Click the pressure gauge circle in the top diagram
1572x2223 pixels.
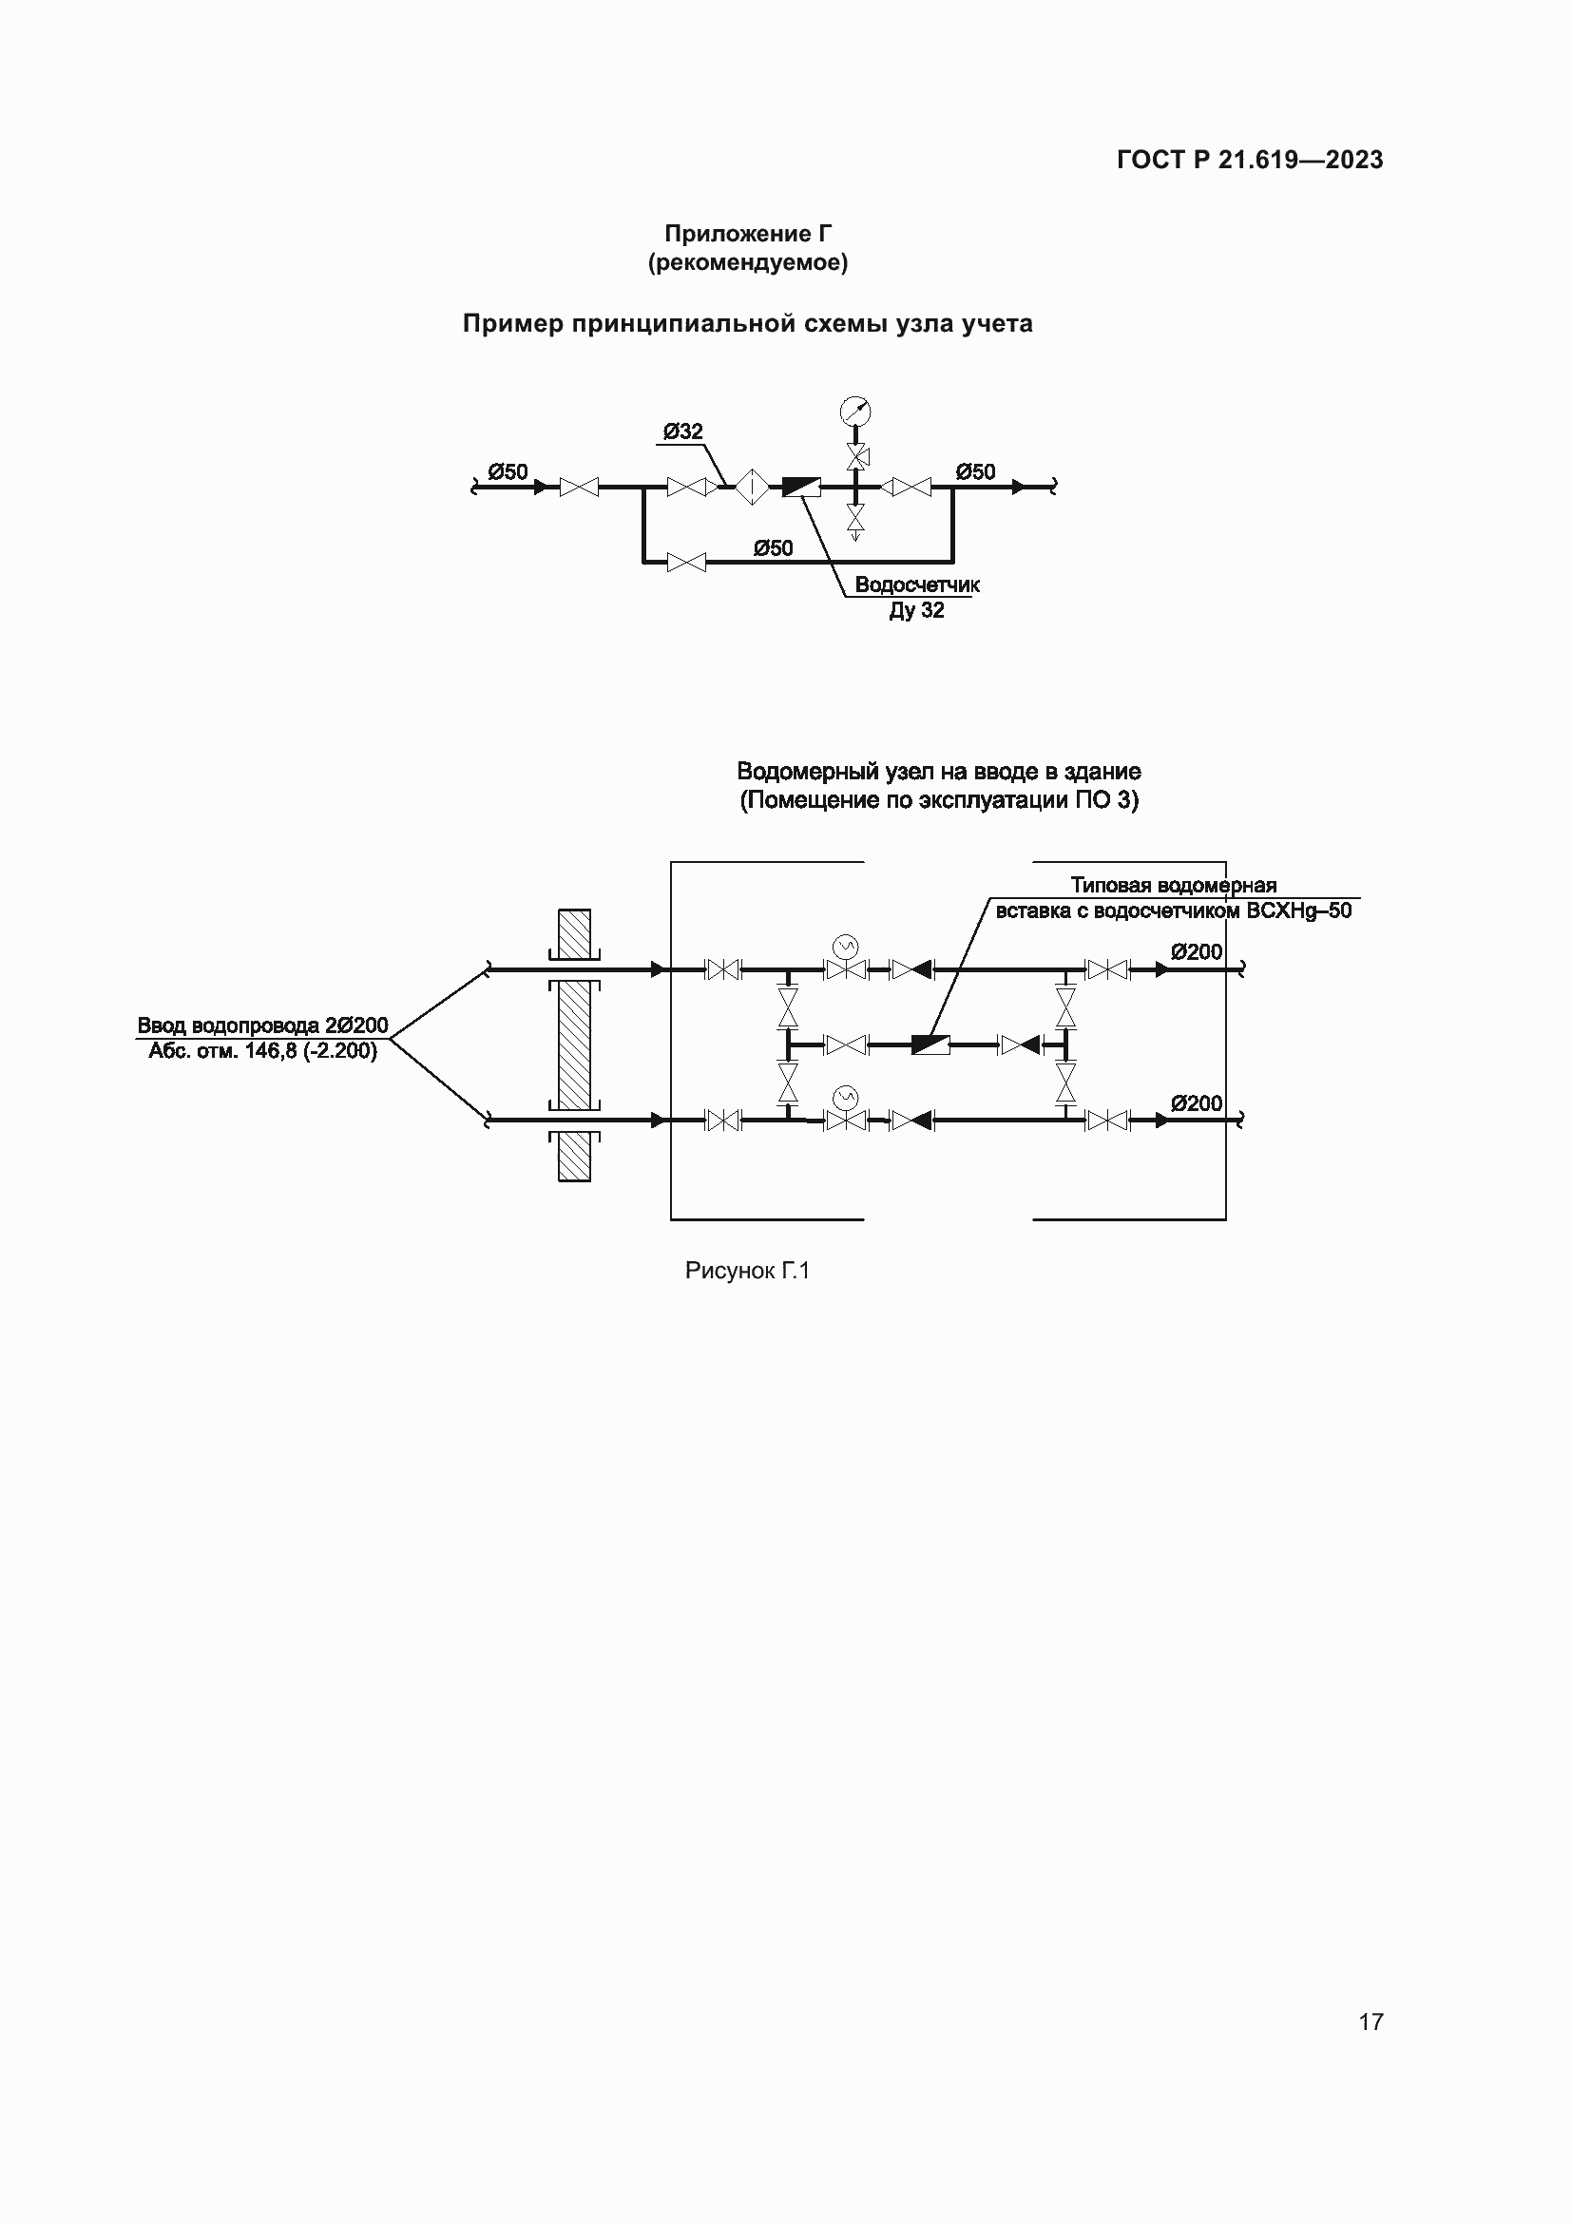pyautogui.click(x=855, y=411)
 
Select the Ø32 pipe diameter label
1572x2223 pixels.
pyautogui.click(x=683, y=431)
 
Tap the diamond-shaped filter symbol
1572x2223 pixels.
pyautogui.click(x=751, y=486)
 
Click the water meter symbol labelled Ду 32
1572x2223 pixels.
pyautogui.click(x=801, y=486)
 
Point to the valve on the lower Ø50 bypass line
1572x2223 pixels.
pyautogui.click(x=686, y=562)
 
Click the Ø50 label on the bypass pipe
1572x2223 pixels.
pyautogui.click(x=774, y=548)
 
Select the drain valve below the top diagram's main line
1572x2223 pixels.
pyautogui.click(x=855, y=520)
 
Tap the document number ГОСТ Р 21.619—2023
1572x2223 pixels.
pyautogui.click(x=1250, y=160)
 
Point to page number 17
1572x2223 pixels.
pyautogui.click(x=1371, y=2022)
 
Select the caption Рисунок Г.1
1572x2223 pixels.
pyautogui.click(x=747, y=1271)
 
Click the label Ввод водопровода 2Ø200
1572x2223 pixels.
pyautogui.click(x=262, y=1025)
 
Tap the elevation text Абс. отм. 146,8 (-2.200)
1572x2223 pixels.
pyautogui.click(x=262, y=1050)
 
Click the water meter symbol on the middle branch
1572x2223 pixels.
pyautogui.click(x=930, y=1044)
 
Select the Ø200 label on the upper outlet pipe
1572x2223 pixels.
pyautogui.click(x=1197, y=951)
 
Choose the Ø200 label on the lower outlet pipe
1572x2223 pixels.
pyautogui.click(x=1197, y=1102)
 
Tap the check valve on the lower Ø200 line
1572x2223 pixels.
pyautogui.click(x=911, y=1121)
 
